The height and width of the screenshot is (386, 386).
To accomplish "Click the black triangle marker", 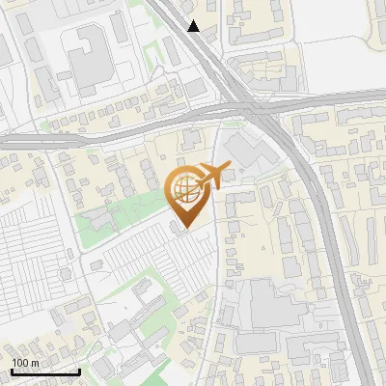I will (x=194, y=26).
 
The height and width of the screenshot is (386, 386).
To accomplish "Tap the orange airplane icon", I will (x=212, y=176).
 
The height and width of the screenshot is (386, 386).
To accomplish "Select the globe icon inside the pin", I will (x=186, y=189).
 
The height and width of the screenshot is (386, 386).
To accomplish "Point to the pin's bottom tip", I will (x=187, y=228).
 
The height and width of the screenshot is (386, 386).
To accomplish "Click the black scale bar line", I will (x=45, y=372).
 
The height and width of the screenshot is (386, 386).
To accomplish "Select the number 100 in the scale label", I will (x=21, y=363).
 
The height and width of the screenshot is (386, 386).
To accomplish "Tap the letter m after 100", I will (x=35, y=363).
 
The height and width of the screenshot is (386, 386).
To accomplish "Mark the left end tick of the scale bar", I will (x=12, y=370).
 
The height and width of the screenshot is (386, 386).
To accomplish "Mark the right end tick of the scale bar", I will (x=79, y=370).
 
